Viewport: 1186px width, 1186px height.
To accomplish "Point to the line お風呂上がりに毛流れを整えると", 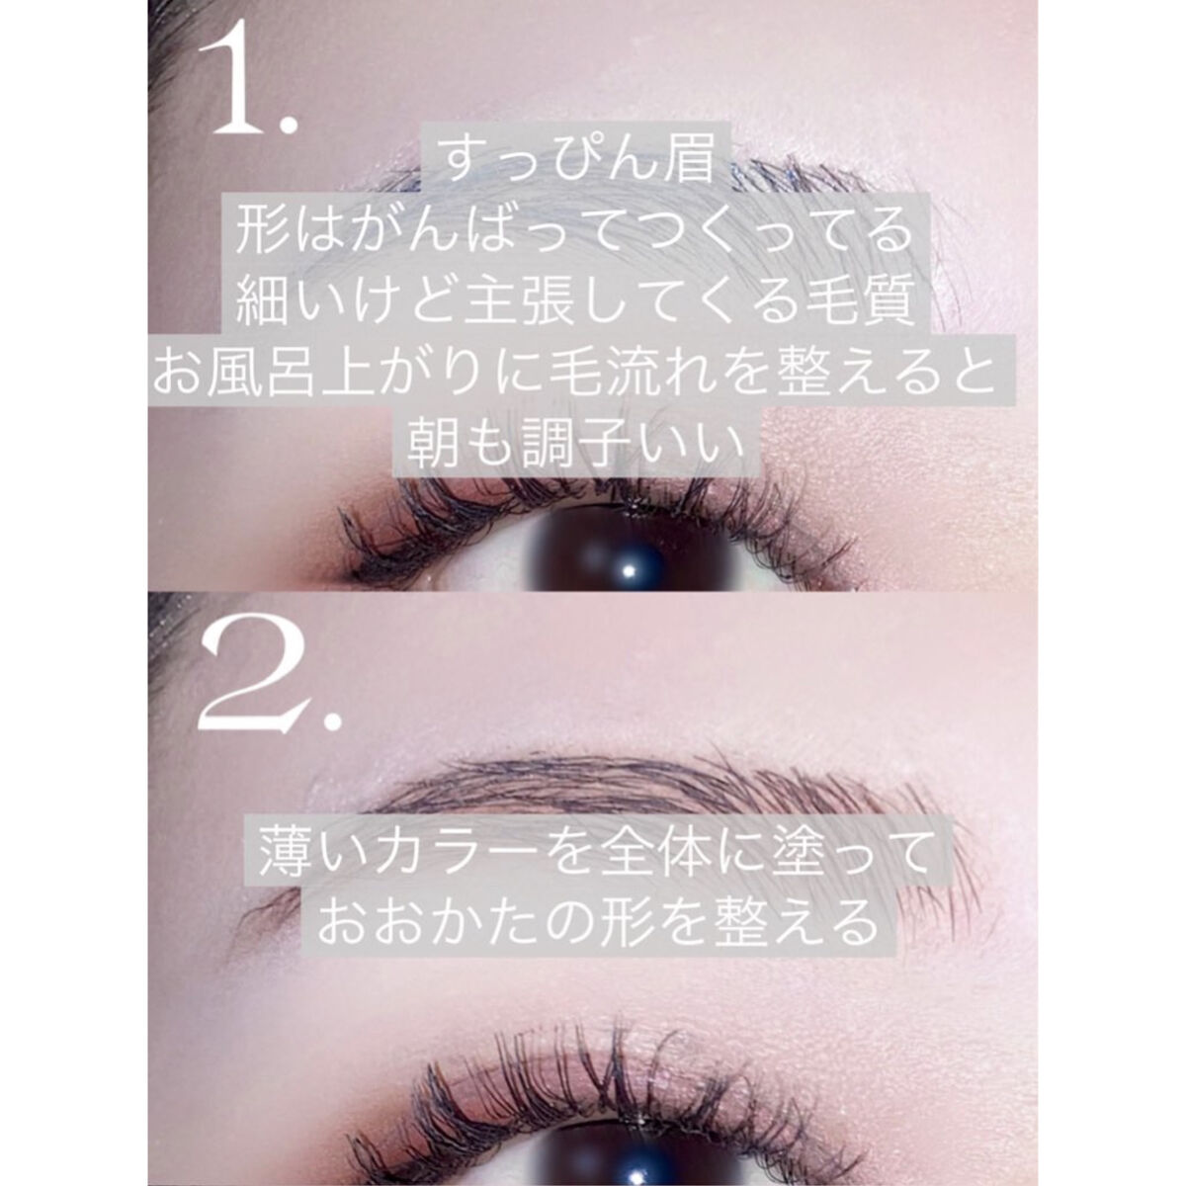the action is pos(574,373).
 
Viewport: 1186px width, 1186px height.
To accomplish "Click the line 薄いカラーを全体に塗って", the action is pos(593,851).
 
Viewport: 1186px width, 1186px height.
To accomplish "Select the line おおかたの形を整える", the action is pos(597,922).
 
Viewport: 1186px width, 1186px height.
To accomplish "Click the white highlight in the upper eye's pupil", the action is pos(629,570).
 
